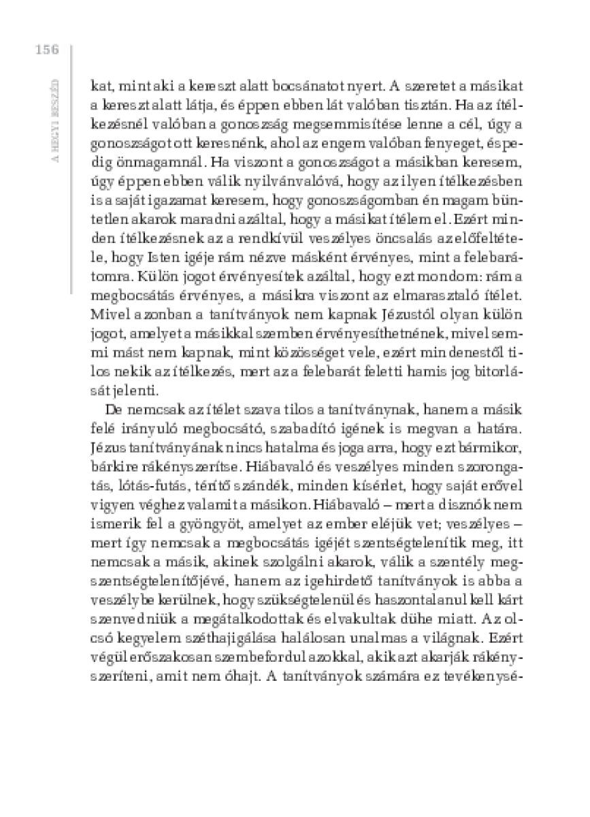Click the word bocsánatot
tap(286, 86)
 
